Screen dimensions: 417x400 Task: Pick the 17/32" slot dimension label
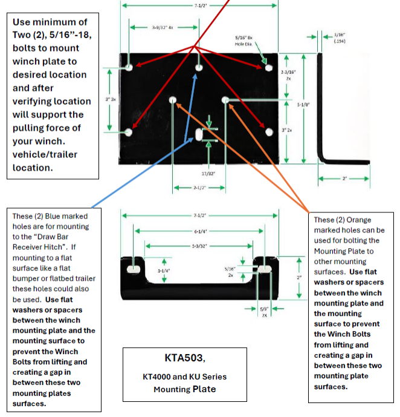208,173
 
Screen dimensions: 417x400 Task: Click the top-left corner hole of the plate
130,65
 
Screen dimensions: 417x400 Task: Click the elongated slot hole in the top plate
199,134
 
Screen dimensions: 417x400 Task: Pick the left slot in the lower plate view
134,268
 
